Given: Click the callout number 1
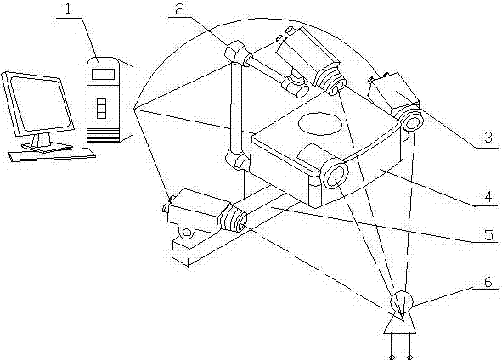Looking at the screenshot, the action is (68, 8).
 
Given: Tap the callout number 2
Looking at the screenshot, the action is (180, 10).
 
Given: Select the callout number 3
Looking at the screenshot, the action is (488, 138).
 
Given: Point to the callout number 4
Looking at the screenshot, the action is (488, 197).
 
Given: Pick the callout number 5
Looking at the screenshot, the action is (488, 235).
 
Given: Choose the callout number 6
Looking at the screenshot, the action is (488, 282).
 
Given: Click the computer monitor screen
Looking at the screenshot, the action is (41, 104).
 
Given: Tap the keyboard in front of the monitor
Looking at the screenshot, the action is (52, 155).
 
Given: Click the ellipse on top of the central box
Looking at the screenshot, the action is (320, 123).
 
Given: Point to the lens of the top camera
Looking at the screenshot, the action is (337, 84).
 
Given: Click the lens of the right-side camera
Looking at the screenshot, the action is (414, 122).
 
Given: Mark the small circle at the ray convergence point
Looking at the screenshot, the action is (402, 301).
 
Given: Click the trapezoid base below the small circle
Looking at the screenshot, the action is (400, 323).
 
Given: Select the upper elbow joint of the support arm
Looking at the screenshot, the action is (237, 53).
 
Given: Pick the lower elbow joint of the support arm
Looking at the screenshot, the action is (237, 158).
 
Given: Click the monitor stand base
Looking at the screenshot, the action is (47, 147).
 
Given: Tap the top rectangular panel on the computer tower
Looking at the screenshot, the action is (104, 74).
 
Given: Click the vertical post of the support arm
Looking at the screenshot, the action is (236, 105).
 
